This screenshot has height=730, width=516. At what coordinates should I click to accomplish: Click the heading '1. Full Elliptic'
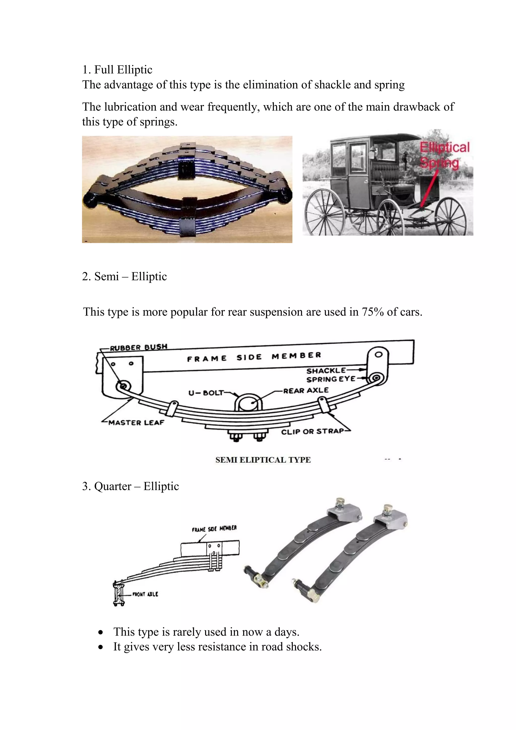[x=117, y=70]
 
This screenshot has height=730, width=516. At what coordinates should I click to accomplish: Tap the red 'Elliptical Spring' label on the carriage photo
[x=444, y=155]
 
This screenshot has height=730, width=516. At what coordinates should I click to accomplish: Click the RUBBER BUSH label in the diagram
[x=139, y=347]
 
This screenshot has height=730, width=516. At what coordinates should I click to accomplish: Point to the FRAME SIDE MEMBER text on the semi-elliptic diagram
[x=254, y=357]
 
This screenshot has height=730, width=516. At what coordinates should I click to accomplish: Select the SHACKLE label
[x=326, y=370]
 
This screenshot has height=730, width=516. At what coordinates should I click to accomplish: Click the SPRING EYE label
[x=331, y=379]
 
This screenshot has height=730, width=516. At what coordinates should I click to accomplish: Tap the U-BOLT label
[x=206, y=393]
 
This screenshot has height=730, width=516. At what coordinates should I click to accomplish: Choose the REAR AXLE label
[x=306, y=390]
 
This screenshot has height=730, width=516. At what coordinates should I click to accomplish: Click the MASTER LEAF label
[x=136, y=422]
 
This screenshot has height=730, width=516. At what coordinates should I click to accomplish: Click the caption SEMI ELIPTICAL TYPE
[x=263, y=460]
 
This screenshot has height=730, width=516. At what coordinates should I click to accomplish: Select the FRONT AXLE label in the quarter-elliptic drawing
[x=145, y=594]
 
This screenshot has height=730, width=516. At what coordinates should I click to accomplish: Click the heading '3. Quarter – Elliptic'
[x=130, y=486]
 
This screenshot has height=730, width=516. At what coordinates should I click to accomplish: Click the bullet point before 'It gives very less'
[x=101, y=647]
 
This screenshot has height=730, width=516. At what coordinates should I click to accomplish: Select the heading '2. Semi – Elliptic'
[x=124, y=276]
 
